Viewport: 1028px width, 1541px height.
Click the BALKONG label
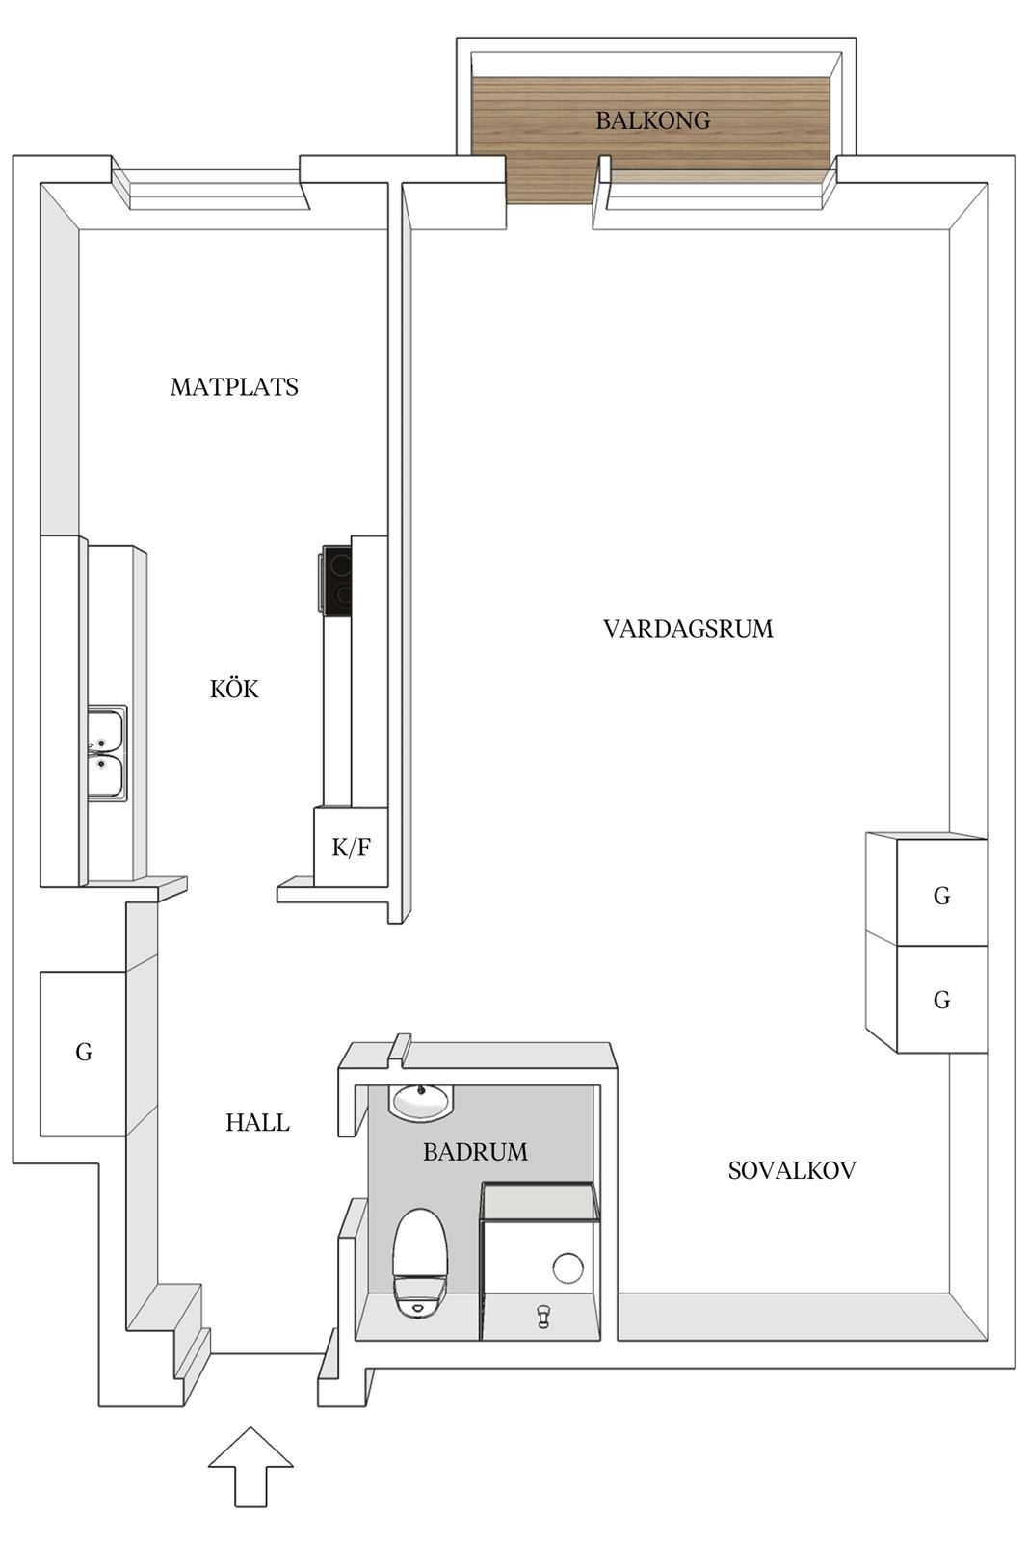tap(652, 120)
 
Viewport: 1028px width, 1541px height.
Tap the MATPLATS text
tap(234, 387)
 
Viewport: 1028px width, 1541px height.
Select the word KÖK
tap(234, 688)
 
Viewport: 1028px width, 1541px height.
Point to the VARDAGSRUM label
tap(688, 629)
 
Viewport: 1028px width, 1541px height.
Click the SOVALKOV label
tap(792, 1170)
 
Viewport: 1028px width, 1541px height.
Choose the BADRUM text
tap(476, 1152)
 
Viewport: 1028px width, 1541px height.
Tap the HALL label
tap(258, 1123)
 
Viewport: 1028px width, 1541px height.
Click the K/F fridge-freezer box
tap(351, 847)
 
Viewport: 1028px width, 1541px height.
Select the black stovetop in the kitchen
tap(336, 579)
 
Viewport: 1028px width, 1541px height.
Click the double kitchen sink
tap(107, 753)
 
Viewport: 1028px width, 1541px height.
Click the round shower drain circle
tap(567, 1267)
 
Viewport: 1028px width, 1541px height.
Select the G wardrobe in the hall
tap(83, 1054)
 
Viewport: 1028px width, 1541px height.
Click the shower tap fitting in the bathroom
tap(542, 1316)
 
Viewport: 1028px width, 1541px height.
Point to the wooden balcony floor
tap(652, 138)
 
